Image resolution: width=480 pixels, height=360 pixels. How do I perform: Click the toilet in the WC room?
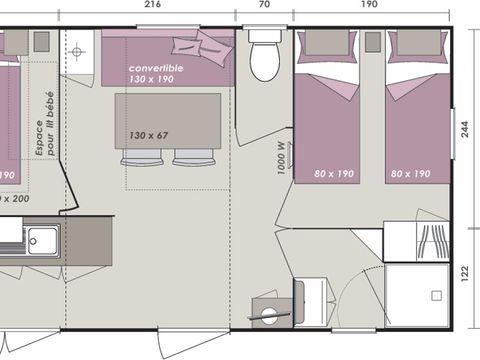(265, 57)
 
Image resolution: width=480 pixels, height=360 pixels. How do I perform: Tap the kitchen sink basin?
(42, 239)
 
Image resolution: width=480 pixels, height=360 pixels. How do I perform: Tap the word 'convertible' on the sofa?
(154, 67)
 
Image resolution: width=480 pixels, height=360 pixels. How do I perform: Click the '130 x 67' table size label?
(148, 134)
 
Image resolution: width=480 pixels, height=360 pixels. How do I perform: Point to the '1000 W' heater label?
(282, 157)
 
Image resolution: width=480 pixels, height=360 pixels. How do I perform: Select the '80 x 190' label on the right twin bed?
(411, 174)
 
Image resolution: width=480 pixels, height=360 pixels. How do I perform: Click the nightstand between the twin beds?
(372, 42)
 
